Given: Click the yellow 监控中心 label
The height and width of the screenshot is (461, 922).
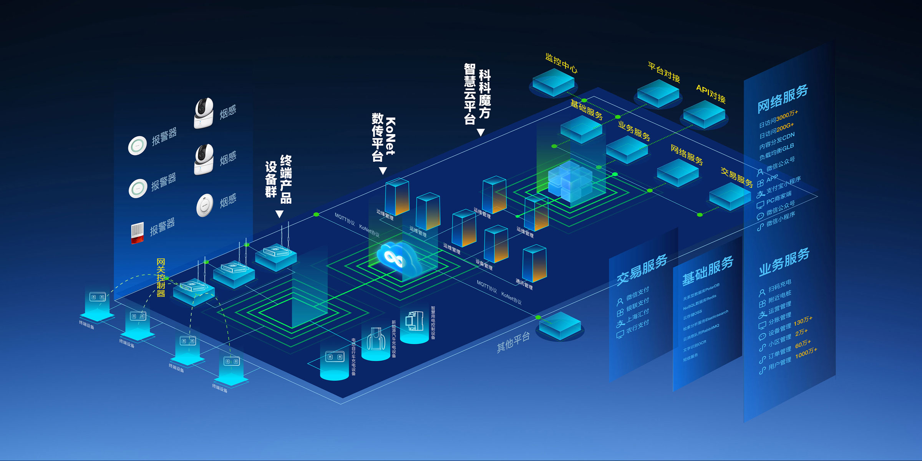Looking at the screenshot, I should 561,63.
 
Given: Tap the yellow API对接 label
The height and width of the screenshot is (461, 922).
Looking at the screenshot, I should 711,94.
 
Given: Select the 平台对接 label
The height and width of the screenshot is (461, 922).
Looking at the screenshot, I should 664,72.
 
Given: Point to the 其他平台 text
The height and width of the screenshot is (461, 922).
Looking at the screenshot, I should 513,342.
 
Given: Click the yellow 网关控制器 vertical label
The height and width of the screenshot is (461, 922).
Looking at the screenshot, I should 161,278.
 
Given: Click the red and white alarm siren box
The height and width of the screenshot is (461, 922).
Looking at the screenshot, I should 137,233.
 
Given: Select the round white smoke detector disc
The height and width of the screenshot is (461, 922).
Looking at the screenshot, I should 205,205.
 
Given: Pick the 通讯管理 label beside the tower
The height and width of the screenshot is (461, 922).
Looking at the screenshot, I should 524,284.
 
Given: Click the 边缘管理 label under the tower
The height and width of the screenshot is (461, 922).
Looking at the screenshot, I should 385,215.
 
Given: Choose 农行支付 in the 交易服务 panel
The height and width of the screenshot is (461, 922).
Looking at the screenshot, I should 637,327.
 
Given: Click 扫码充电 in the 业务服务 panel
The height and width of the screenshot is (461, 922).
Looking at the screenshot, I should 780,286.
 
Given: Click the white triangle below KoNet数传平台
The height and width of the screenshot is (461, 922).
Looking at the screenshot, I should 383,171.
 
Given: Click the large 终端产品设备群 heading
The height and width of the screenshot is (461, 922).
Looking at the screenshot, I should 279,179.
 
